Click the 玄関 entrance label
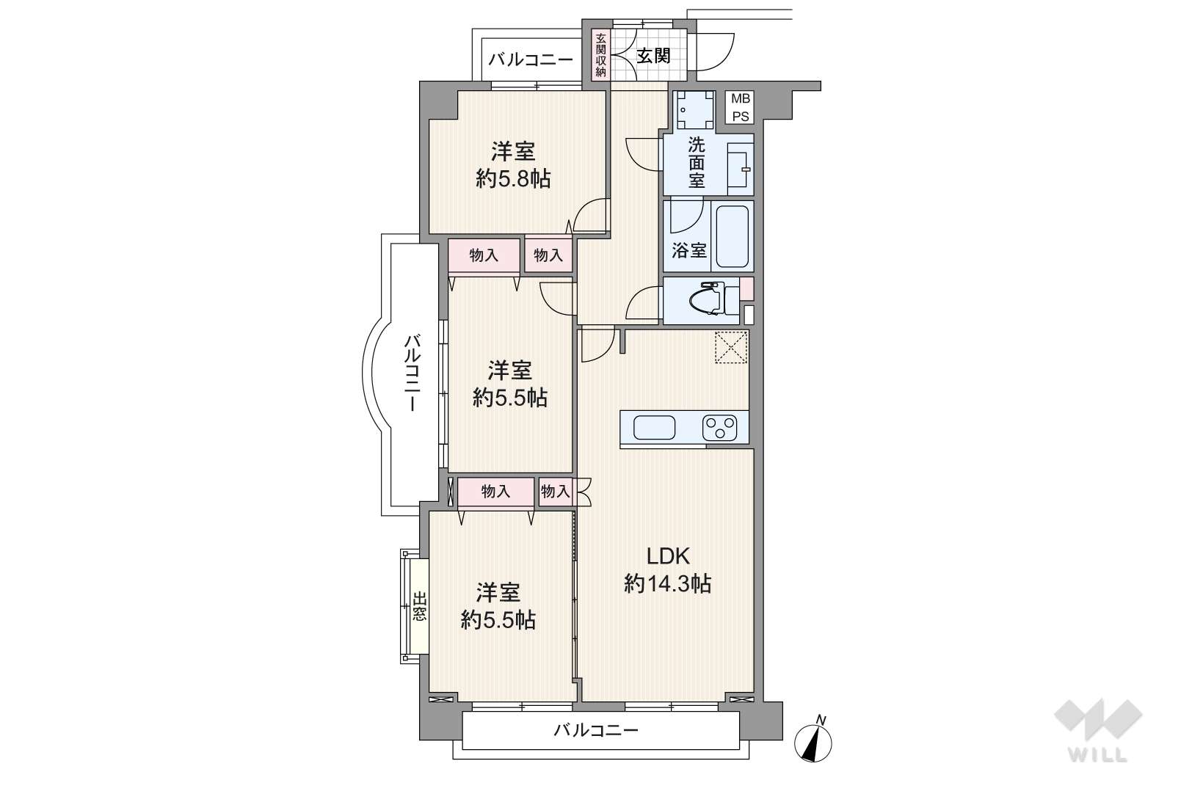point(653,55)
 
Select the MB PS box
point(740,107)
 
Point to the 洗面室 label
point(696,163)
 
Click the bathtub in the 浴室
point(732,236)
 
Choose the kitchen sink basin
point(654,428)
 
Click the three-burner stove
point(719,428)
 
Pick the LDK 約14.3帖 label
point(667,569)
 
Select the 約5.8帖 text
point(513,179)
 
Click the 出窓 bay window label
point(420,606)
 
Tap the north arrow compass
point(814,741)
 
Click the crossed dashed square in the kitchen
point(731,347)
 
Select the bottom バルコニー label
point(595,730)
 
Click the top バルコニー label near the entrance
point(531,59)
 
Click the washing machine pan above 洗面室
point(696,110)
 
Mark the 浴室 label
point(689,250)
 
